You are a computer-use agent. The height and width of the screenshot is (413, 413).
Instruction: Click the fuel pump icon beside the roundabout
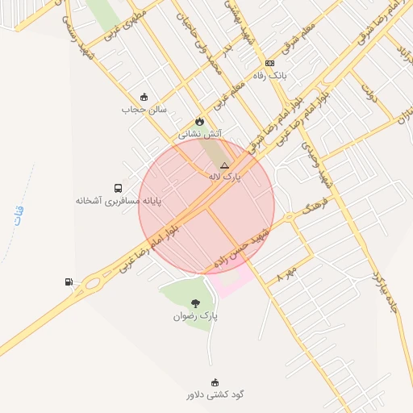coord(68,282)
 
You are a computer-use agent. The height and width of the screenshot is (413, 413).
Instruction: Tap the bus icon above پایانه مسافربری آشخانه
coord(119,188)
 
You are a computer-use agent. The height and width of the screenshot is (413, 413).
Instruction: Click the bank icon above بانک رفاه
coord(269,63)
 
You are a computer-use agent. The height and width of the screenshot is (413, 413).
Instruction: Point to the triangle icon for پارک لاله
coord(224,165)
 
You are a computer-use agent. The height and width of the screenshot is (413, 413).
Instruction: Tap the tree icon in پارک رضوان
coord(195,303)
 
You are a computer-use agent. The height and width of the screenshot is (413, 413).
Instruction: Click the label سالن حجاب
coord(144,108)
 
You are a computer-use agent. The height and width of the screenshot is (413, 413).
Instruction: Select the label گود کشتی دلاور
coord(215,394)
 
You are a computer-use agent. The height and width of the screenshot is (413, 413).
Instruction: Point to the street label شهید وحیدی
coord(317,165)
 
